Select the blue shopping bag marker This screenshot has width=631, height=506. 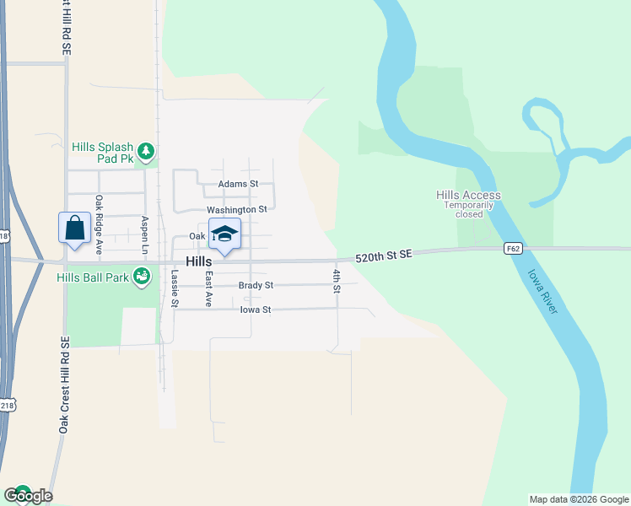point(75,228)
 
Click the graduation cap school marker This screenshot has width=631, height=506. point(224,234)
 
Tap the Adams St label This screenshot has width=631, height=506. point(237,183)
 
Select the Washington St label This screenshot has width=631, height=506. point(236,209)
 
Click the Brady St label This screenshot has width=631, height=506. point(256,285)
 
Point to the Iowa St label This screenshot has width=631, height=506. point(255,310)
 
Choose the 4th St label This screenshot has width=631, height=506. point(336,277)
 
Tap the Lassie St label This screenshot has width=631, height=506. point(175,287)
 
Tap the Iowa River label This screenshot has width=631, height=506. point(542,292)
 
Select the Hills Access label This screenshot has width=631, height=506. point(468,195)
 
